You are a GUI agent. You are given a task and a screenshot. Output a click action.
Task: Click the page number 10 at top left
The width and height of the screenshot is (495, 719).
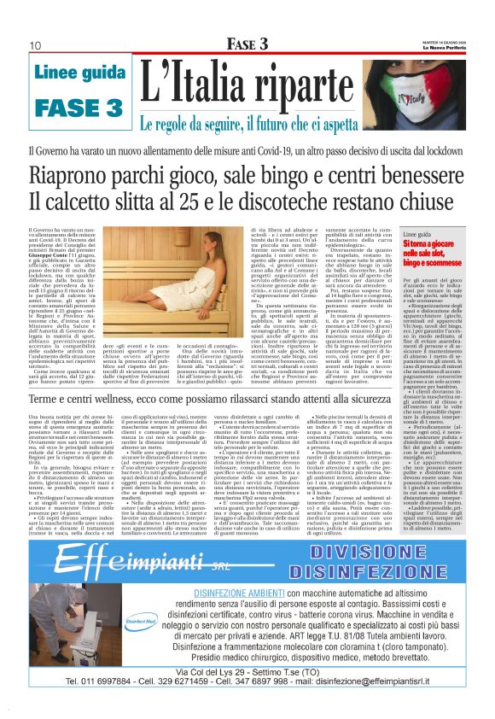coord(37,44)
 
